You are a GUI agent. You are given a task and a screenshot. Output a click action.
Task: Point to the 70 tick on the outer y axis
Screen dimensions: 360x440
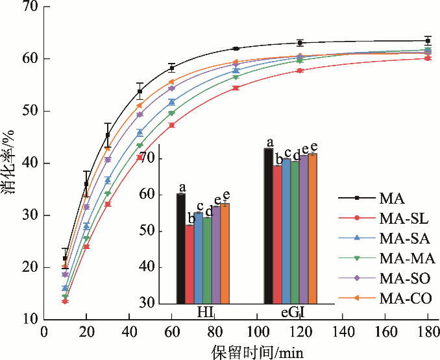(x=29, y=7)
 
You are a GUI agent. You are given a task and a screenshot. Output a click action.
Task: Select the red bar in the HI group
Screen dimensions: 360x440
(x=189, y=264)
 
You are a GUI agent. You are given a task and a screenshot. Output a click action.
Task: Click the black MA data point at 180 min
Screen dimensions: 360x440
(x=428, y=41)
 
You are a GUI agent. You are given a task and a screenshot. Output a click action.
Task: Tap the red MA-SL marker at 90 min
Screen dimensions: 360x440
(x=236, y=88)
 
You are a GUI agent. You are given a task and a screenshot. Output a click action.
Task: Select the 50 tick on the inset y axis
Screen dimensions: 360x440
(x=167, y=231)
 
